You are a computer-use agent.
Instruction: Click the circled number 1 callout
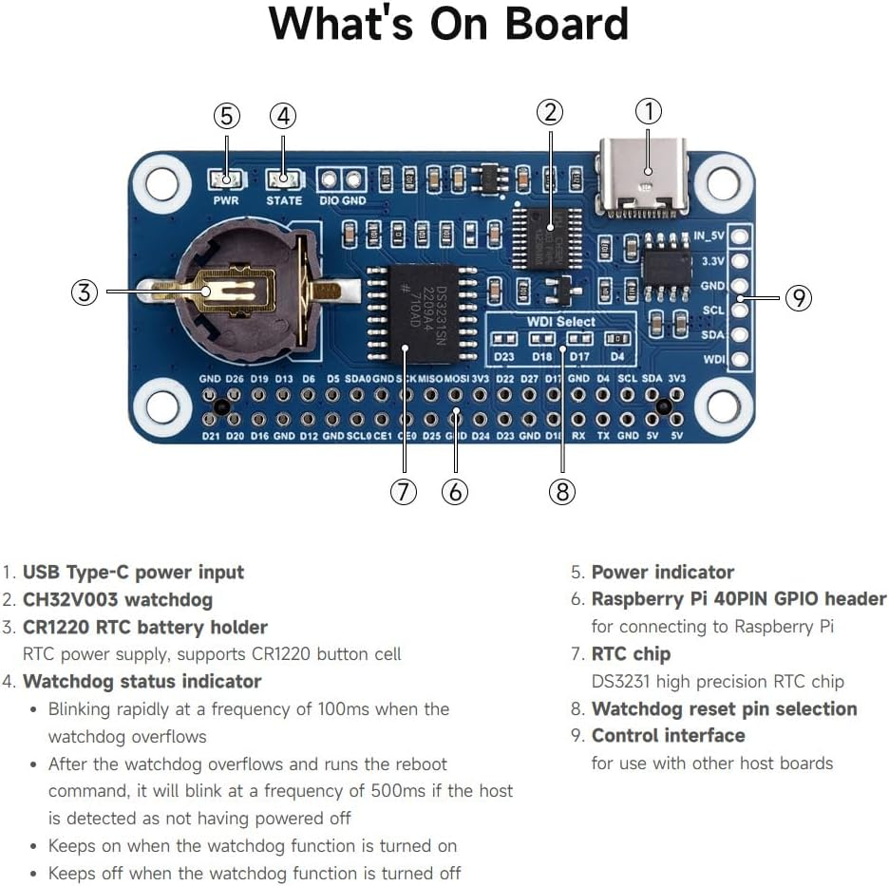(648, 112)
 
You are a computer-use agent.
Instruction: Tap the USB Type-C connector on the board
(642, 175)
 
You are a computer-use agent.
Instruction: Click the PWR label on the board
(226, 200)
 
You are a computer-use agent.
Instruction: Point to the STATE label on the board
(284, 200)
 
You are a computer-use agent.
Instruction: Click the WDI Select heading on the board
(561, 321)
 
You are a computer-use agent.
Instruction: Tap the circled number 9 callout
(799, 298)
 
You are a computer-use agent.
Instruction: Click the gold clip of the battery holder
(237, 290)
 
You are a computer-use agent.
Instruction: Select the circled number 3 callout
(85, 292)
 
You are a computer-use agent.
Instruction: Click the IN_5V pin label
(709, 236)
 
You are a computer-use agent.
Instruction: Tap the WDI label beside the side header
(713, 360)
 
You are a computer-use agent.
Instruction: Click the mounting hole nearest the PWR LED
(162, 182)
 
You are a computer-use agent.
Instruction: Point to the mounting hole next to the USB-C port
(723, 182)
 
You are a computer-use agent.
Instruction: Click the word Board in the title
(561, 25)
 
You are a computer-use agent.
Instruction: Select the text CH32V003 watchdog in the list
(118, 599)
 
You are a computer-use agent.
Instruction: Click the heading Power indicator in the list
(662, 572)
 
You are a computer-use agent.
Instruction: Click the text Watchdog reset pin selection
(724, 708)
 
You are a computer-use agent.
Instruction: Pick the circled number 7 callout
(404, 492)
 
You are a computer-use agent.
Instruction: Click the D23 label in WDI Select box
(504, 357)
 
